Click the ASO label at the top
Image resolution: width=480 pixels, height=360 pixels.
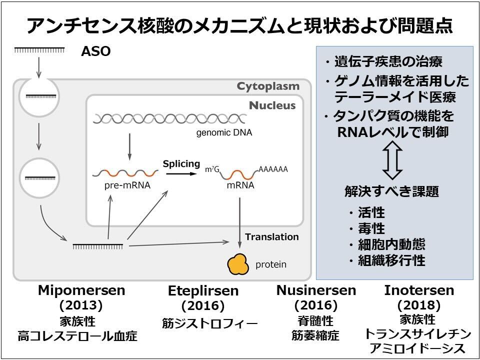click(x=96, y=51)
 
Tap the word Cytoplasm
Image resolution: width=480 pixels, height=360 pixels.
click(x=268, y=86)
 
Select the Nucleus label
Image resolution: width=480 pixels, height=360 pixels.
click(x=272, y=105)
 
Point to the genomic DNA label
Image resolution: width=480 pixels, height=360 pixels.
click(x=224, y=132)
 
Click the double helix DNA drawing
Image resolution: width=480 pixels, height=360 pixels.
click(x=169, y=118)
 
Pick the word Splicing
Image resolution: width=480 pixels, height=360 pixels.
click(x=181, y=164)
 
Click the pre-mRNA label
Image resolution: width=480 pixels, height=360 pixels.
click(x=127, y=185)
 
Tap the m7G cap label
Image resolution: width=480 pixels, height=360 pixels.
click(x=212, y=169)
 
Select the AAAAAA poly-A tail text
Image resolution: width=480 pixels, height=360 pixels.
click(x=273, y=169)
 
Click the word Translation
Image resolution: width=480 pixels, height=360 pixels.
click(x=272, y=237)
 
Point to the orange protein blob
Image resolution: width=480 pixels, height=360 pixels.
click(x=238, y=264)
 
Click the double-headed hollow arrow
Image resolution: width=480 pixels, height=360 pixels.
click(x=392, y=160)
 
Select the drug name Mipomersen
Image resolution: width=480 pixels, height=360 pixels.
click(x=81, y=290)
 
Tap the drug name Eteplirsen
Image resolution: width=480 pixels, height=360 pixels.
click(x=203, y=291)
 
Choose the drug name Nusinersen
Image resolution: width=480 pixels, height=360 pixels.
click(x=316, y=290)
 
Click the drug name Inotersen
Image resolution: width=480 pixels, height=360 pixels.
click(x=419, y=290)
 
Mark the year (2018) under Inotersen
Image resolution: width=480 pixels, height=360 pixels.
click(x=419, y=305)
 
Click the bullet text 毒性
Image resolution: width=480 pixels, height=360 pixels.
click(x=371, y=228)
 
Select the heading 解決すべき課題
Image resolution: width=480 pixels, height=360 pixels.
click(x=392, y=191)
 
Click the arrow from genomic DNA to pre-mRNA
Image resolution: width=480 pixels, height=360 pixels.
click(x=129, y=146)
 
